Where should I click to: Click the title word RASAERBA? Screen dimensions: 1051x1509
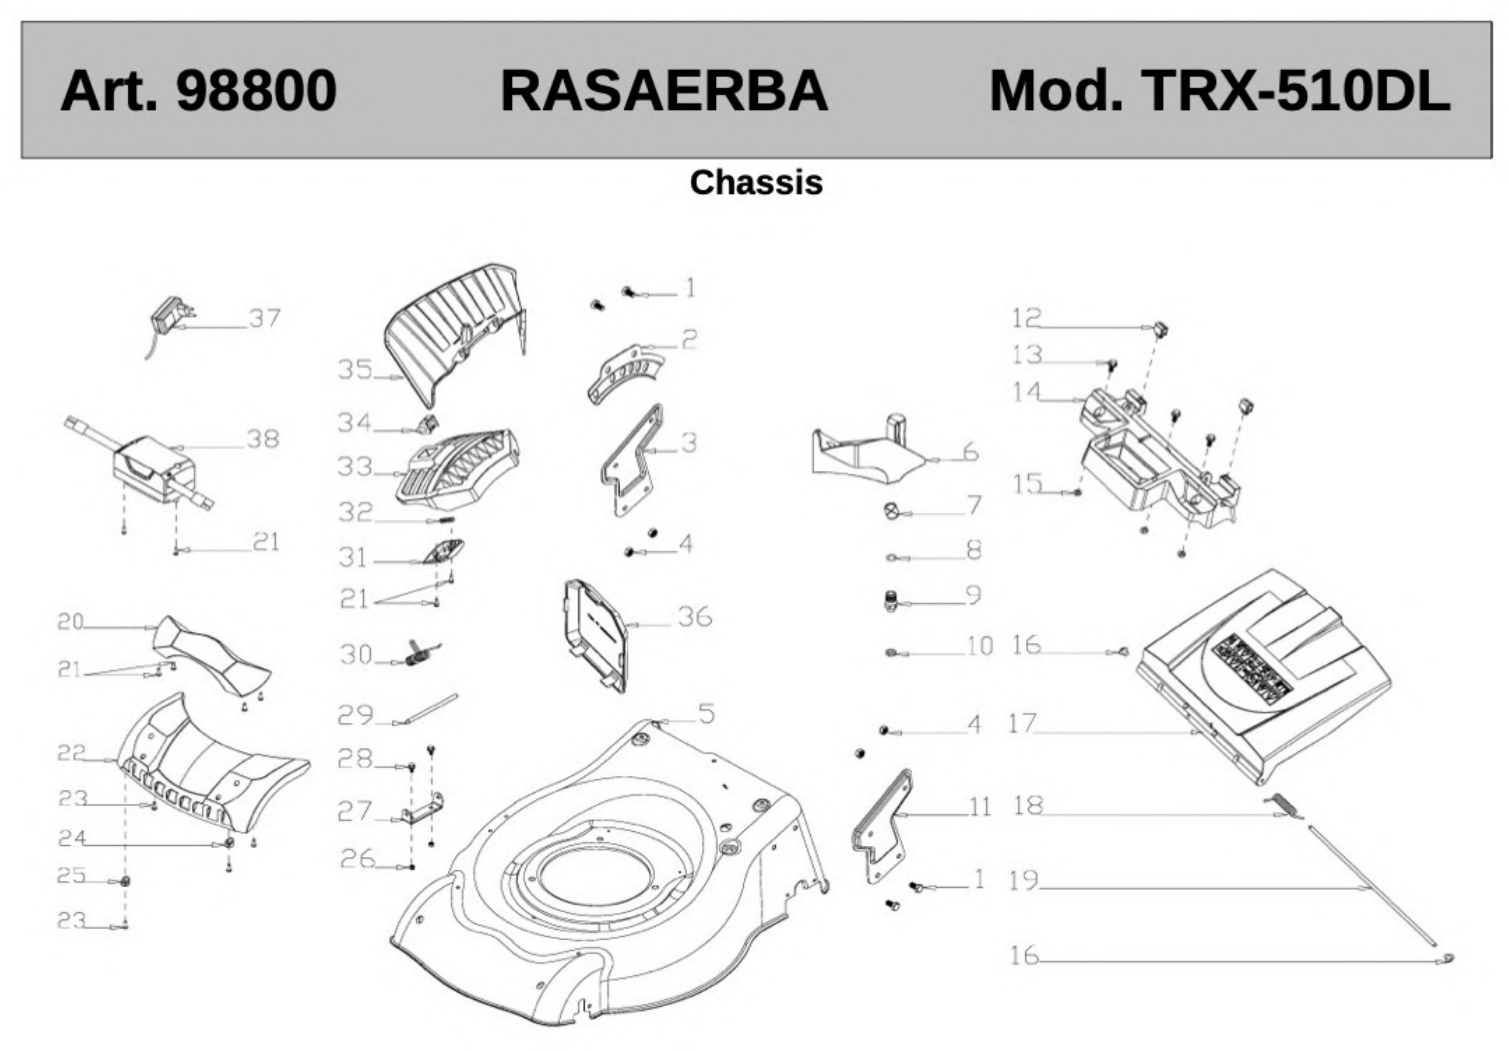tap(664, 91)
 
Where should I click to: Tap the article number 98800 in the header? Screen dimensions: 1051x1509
tap(256, 91)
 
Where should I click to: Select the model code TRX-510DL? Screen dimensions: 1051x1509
tap(1296, 91)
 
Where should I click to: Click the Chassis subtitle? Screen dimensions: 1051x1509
tap(756, 182)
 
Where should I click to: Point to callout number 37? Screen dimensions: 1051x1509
tap(265, 318)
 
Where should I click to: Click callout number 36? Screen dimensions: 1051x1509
tap(695, 617)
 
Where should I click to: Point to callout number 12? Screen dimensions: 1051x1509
tap(1026, 318)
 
